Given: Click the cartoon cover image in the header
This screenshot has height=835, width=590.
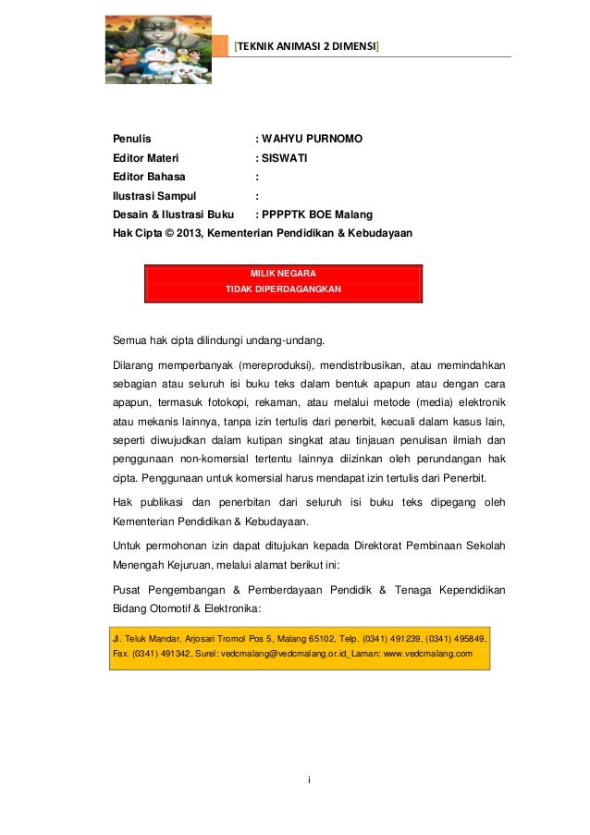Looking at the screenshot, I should tap(157, 49).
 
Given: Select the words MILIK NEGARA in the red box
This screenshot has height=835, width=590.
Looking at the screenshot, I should tap(283, 274).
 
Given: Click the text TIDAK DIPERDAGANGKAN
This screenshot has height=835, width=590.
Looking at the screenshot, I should tap(283, 289).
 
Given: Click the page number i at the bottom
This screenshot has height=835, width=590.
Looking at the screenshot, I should tap(309, 780).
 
